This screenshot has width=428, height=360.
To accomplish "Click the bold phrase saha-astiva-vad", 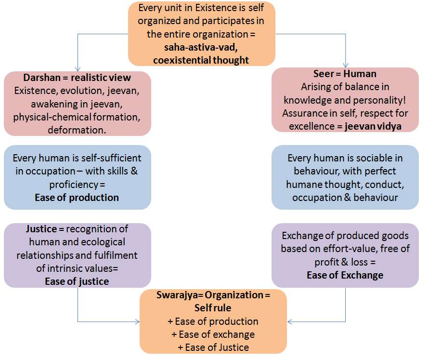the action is pos(201,47).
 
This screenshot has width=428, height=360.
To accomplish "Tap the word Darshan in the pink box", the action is pos(42,78).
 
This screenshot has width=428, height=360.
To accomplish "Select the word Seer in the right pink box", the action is pos(324,74).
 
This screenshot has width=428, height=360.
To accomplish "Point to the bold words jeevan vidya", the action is pos(373,126).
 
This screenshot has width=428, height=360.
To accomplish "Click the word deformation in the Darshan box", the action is pos(77,130).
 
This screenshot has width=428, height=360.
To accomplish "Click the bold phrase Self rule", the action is pos(213,308).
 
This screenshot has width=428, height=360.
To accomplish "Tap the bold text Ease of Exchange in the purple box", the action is pos(345,275).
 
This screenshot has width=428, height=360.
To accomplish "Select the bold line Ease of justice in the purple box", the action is pos(77,281).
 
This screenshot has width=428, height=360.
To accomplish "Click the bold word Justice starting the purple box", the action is pos(41,229).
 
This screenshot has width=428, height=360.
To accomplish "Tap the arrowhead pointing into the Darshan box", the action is pos(78,69).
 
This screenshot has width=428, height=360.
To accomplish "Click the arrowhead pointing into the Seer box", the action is pos(346,65).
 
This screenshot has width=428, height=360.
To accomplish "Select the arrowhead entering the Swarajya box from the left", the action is pos(137,322).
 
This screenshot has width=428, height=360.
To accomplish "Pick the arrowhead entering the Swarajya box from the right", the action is pos(290,322).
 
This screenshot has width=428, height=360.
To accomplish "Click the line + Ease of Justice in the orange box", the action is pos(213,347).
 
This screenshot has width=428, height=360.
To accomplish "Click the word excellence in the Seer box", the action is pos(311,126).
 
